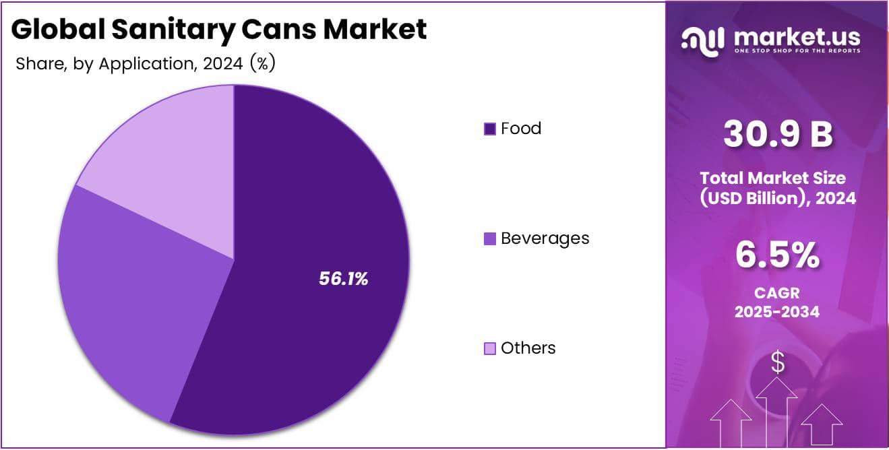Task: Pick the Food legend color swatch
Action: [490, 129]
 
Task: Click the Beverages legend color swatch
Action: [490, 238]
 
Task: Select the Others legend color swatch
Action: [490, 348]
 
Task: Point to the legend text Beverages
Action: [545, 238]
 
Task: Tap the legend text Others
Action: [528, 348]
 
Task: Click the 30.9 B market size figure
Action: [778, 134]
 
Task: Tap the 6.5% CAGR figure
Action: [778, 256]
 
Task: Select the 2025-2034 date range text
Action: [778, 312]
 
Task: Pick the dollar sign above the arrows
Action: [778, 363]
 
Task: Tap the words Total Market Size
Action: [772, 178]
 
